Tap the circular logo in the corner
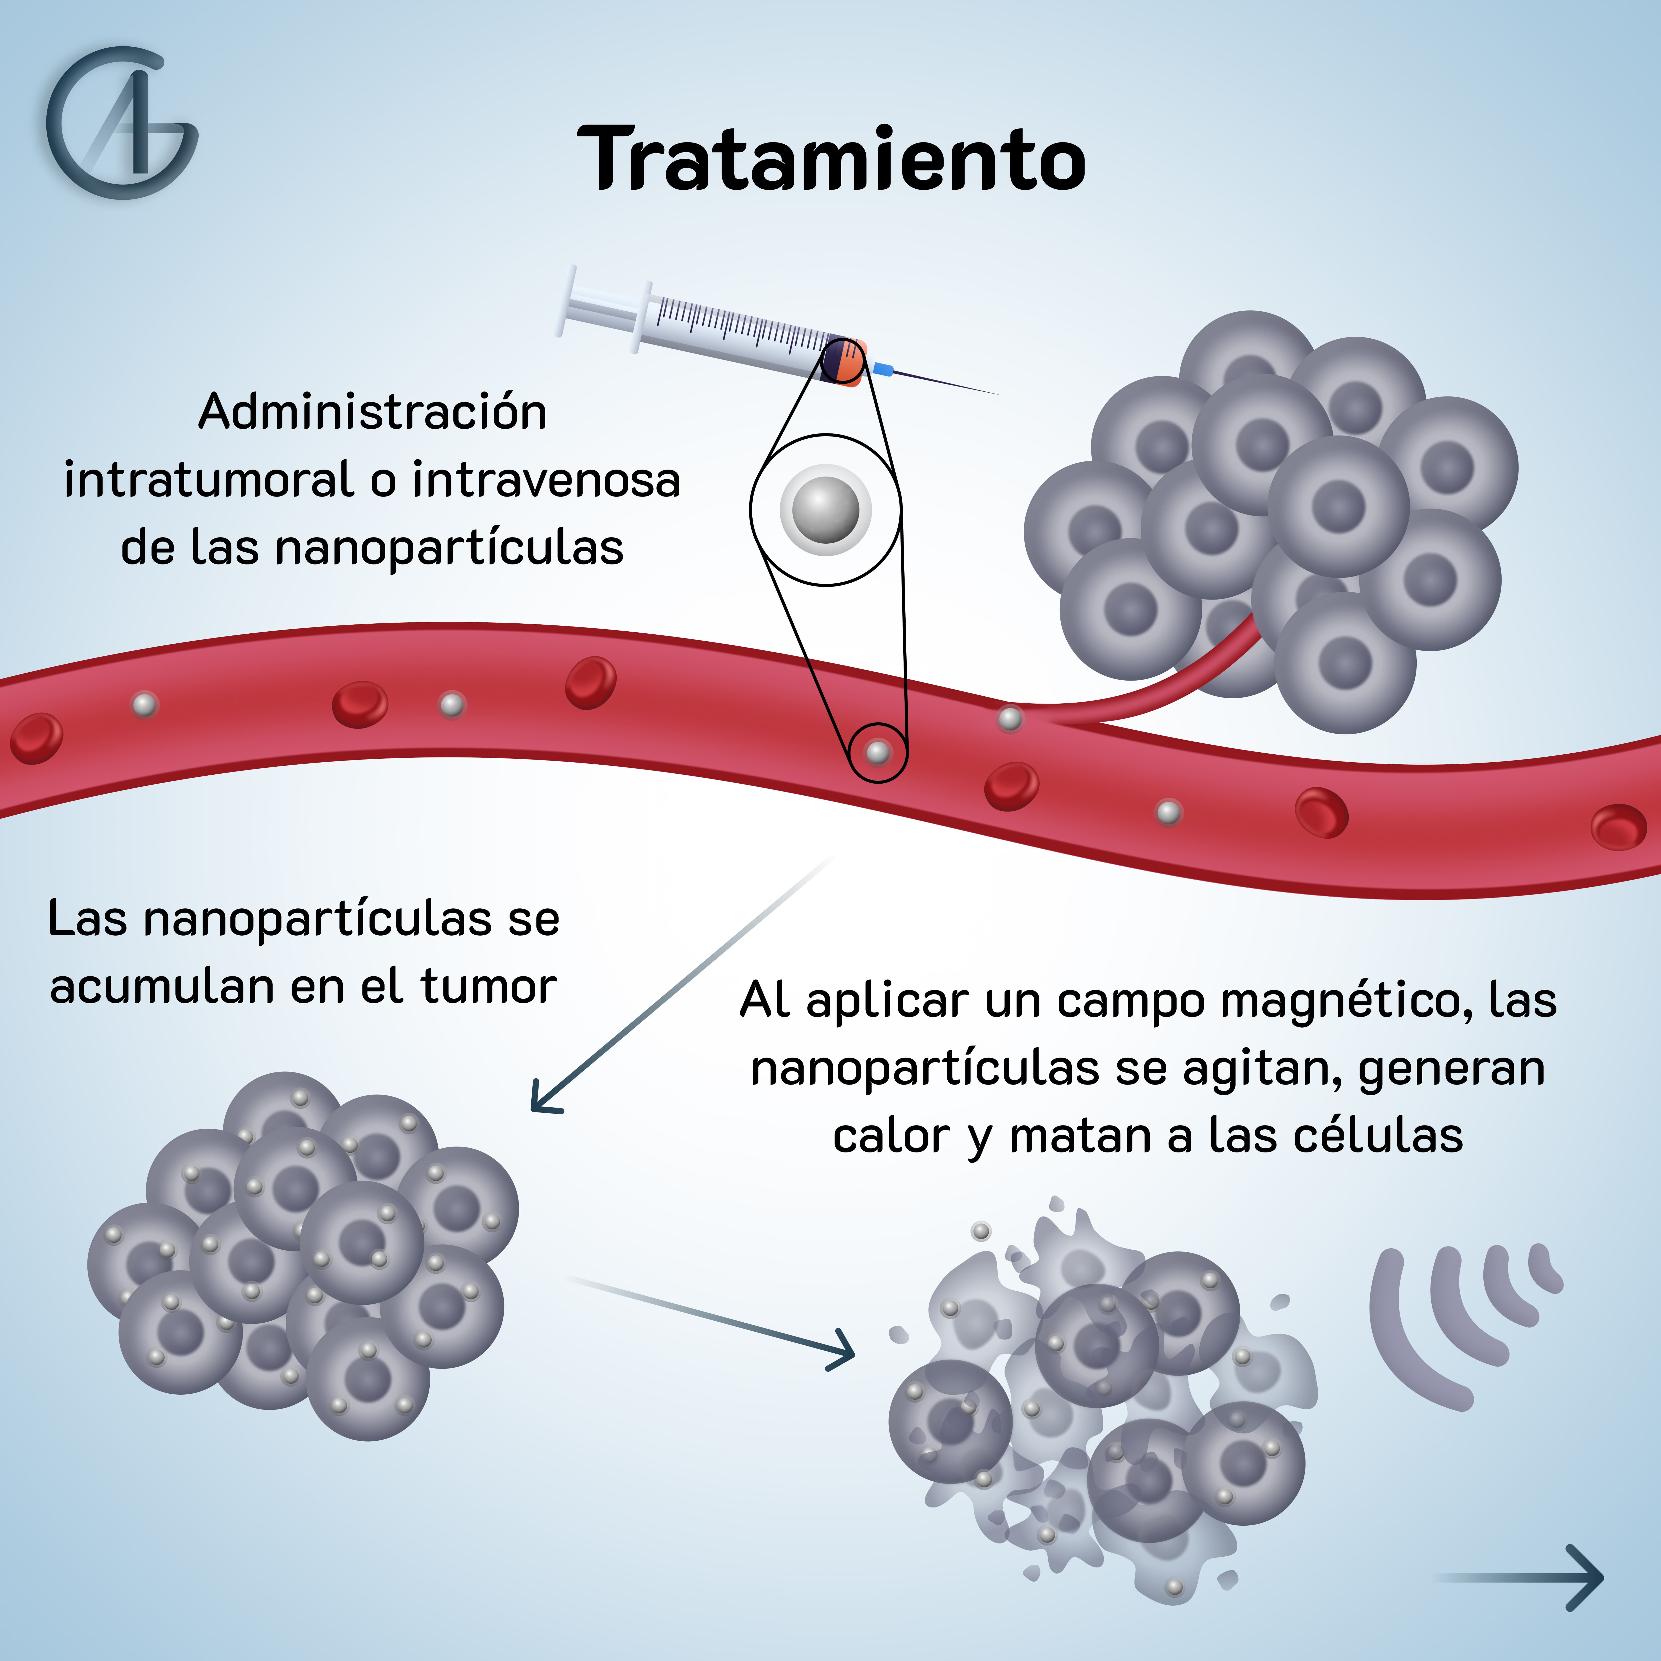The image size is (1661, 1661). point(120,123)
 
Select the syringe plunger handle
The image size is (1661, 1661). point(568,301)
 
